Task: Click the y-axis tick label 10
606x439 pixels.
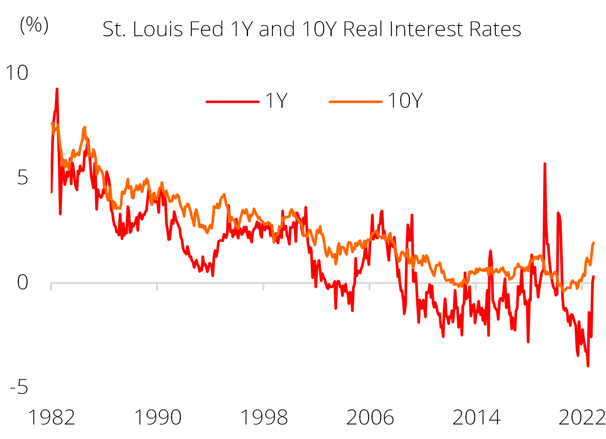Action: pyautogui.click(x=17, y=73)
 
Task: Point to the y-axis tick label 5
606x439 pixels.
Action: pyautogui.click(x=23, y=178)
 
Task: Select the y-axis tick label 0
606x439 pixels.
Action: pyautogui.click(x=23, y=282)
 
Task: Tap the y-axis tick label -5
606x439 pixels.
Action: pyautogui.click(x=19, y=387)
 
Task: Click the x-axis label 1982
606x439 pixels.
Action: pyautogui.click(x=51, y=417)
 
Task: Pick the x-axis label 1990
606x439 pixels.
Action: pyautogui.click(x=158, y=417)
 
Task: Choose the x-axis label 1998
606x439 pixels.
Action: pyautogui.click(x=264, y=417)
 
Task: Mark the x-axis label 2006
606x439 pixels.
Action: pyautogui.click(x=370, y=417)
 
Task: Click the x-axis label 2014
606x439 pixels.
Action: pyautogui.click(x=476, y=417)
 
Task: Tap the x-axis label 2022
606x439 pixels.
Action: pyautogui.click(x=582, y=417)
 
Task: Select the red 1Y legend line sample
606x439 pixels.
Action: pyautogui.click(x=233, y=102)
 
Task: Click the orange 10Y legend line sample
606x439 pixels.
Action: pyautogui.click(x=356, y=102)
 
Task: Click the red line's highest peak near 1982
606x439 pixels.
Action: pyautogui.click(x=57, y=90)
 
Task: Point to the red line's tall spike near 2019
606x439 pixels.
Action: pyautogui.click(x=545, y=164)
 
